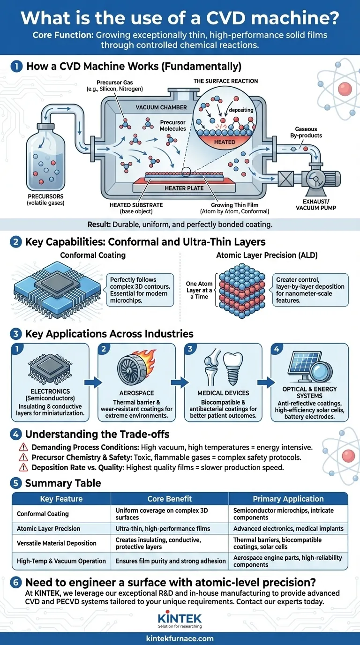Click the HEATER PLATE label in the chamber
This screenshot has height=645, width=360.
click(184, 188)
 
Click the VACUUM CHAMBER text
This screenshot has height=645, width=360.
click(161, 107)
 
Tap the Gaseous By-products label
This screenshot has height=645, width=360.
click(306, 133)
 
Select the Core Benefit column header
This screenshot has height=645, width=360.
click(170, 499)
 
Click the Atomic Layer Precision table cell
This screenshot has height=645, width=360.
click(49, 528)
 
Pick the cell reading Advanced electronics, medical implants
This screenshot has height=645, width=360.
click(288, 528)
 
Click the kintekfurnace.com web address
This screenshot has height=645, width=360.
click(180, 638)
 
